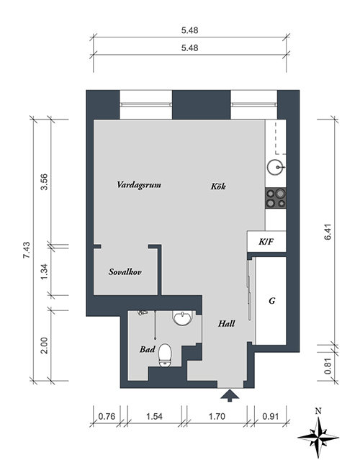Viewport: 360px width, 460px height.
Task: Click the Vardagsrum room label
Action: [139, 185]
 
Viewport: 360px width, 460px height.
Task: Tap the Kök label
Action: [218, 186]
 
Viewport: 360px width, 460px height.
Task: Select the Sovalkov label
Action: [125, 272]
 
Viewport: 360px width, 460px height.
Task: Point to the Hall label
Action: [226, 324]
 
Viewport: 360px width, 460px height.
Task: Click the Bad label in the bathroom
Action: [148, 349]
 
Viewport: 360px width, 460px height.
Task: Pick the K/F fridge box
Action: [266, 241]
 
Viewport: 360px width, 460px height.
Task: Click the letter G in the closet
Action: [272, 301]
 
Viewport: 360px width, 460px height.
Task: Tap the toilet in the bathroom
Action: [165, 356]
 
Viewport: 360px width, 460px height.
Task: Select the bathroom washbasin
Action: [182, 318]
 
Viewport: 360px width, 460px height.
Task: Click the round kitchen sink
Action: [275, 167]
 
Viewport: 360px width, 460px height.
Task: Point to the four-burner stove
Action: [276, 198]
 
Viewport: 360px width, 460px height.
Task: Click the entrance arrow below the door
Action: [230, 395]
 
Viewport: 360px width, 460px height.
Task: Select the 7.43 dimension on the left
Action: [27, 250]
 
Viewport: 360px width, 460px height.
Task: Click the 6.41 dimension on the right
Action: [328, 232]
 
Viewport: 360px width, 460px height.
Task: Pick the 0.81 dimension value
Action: [328, 366]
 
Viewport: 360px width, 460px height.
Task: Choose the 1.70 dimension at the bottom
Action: [217, 416]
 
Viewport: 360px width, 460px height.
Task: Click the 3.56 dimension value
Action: [44, 182]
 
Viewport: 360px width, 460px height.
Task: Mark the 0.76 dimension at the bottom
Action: [107, 416]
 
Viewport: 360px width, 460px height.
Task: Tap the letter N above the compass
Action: [318, 411]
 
